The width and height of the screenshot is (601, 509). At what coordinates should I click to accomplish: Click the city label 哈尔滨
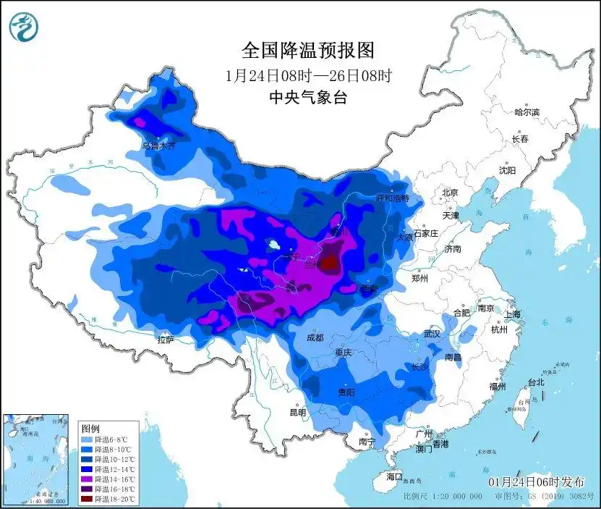point(527,112)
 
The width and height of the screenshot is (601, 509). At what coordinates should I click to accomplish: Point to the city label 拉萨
point(165,340)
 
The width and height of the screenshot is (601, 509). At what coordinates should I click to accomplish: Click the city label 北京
point(450,193)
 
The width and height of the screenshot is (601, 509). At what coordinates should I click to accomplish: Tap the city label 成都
point(314,338)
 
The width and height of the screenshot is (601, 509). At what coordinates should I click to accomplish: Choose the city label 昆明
point(297,413)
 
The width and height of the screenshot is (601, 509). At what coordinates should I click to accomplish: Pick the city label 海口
point(393,477)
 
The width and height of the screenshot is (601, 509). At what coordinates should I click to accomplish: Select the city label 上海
point(512,315)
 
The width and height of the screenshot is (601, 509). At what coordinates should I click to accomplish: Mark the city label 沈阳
point(507,171)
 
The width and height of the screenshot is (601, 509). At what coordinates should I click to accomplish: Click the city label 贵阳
point(346,392)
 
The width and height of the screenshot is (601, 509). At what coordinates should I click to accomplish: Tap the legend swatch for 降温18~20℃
point(86,499)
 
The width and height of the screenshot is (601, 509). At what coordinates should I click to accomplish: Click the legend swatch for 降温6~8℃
point(86,439)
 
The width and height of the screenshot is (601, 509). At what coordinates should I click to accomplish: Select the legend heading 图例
point(90,429)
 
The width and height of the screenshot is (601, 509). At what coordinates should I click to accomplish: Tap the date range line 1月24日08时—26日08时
point(308,75)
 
